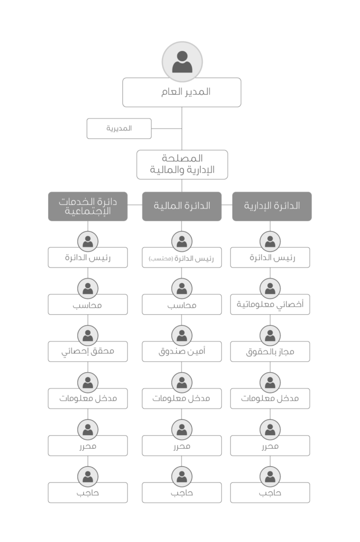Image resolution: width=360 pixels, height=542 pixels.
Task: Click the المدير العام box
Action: tap(182, 92)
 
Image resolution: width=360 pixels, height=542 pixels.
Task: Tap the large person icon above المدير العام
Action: tap(182, 62)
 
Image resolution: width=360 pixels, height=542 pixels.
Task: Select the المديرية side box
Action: tap(119, 129)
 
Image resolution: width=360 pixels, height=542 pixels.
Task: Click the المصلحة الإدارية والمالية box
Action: tap(182, 165)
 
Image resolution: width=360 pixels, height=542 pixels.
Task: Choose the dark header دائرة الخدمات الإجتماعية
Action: tap(88, 206)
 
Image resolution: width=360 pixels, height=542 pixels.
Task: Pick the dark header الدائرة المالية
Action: tap(182, 206)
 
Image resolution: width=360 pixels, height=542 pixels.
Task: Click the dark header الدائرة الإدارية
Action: tap(272, 206)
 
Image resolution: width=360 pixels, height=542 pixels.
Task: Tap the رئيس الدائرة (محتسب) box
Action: tap(182, 258)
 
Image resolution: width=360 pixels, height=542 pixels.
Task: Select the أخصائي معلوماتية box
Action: tap(270, 305)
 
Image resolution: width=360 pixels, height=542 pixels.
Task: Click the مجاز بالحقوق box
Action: tap(270, 352)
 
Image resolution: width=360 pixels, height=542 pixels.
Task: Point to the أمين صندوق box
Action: tap(182, 352)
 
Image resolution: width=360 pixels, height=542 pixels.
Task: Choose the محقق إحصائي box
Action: tap(88, 352)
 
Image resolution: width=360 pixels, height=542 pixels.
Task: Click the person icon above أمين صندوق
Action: tap(182, 335)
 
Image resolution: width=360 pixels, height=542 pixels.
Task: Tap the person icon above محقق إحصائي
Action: tap(88, 335)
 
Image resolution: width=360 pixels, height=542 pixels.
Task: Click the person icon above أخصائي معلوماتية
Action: tap(270, 288)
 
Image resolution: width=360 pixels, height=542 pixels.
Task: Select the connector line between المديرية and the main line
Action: tap(167, 129)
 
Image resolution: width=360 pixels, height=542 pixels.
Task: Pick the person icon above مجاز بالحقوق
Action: tap(270, 335)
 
